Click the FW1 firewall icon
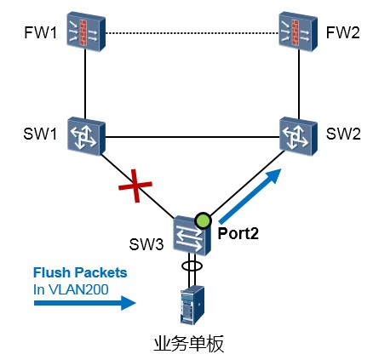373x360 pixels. click(86, 31)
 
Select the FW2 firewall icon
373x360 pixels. click(298, 31)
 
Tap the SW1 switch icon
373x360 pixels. click(86, 136)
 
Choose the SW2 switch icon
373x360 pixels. click(298, 136)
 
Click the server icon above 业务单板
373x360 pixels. click(192, 305)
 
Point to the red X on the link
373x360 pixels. click(135, 186)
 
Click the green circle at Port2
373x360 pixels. click(203, 220)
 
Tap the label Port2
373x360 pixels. click(238, 234)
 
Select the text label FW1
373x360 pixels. click(41, 32)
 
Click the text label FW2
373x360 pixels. click(343, 32)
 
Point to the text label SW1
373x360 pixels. click(40, 134)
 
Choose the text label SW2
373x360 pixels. click(343, 134)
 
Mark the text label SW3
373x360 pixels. click(146, 243)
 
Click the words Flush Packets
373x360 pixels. click(80, 272)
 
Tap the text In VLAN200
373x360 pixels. click(71, 289)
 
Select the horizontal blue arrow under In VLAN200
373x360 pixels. click(85, 303)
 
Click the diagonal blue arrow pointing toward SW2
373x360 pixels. click(250, 196)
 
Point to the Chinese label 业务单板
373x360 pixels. click(189, 344)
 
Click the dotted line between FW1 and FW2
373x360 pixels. click(192, 33)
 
